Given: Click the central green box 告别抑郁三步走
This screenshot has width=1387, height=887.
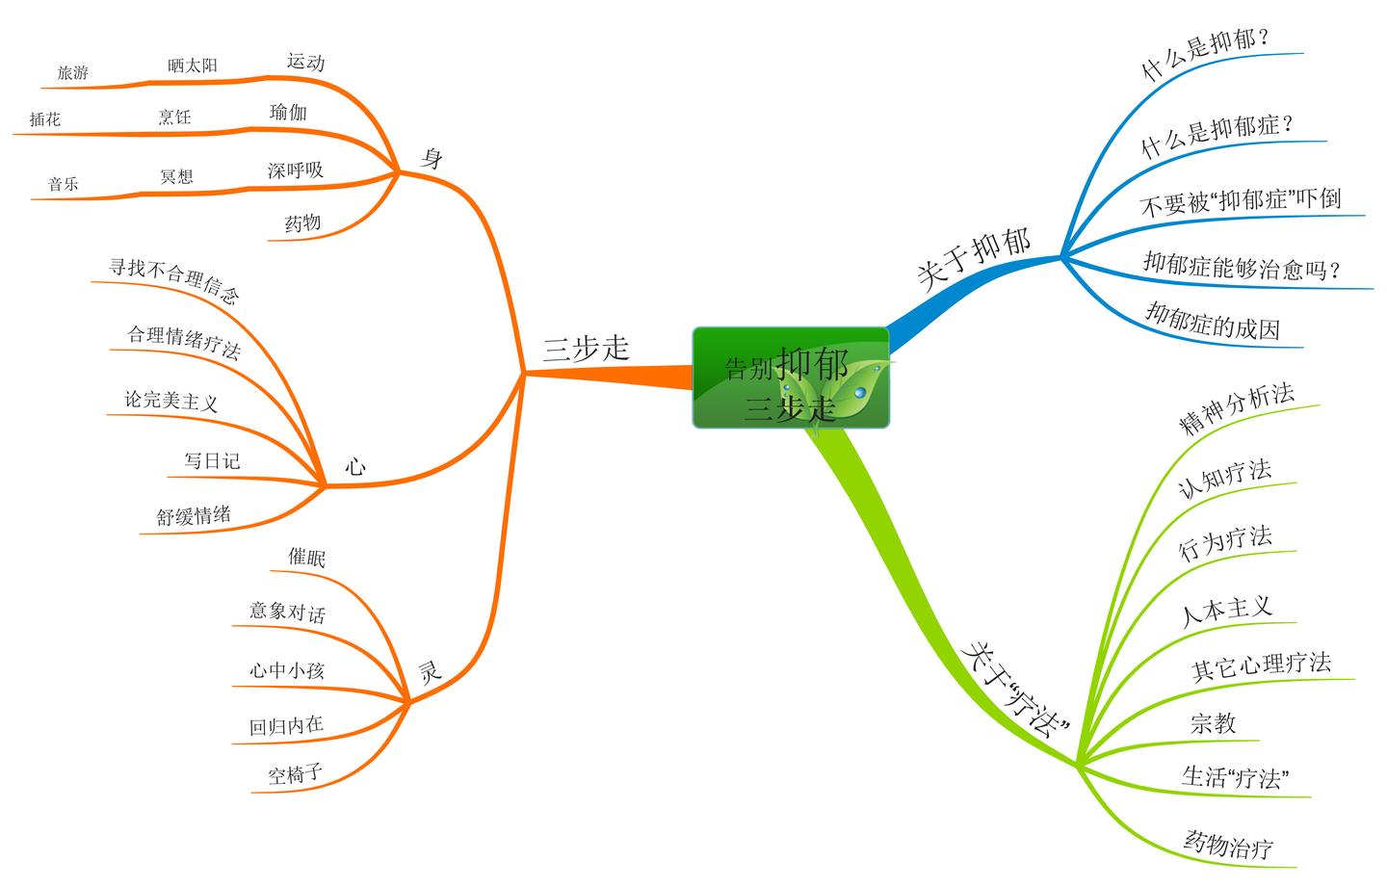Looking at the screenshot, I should click(790, 378).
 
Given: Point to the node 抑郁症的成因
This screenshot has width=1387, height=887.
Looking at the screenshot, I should click(1212, 321).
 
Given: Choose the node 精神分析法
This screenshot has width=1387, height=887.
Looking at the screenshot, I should click(1237, 408).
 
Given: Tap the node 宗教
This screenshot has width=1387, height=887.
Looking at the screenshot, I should click(1213, 723).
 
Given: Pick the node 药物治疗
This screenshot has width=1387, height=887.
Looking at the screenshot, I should click(1228, 845).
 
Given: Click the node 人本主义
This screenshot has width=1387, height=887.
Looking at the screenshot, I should click(1226, 610).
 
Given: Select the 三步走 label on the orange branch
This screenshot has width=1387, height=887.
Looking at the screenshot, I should click(586, 349).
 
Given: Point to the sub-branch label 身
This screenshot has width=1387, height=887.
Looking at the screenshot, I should click(432, 159).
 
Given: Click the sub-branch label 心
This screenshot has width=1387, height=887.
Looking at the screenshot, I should click(355, 467).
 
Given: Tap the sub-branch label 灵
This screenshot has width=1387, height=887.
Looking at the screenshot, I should click(430, 671).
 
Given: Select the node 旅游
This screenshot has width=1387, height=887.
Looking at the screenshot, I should click(72, 72).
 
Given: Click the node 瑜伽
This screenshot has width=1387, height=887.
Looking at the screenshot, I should click(288, 113).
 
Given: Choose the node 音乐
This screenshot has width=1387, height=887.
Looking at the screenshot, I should click(64, 184).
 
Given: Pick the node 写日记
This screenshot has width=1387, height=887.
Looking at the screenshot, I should click(212, 460).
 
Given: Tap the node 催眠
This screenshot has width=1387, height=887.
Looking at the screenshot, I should click(307, 558).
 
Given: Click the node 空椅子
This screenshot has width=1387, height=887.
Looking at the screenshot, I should click(295, 773).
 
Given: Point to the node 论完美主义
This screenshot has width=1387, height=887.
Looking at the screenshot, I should click(171, 400).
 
